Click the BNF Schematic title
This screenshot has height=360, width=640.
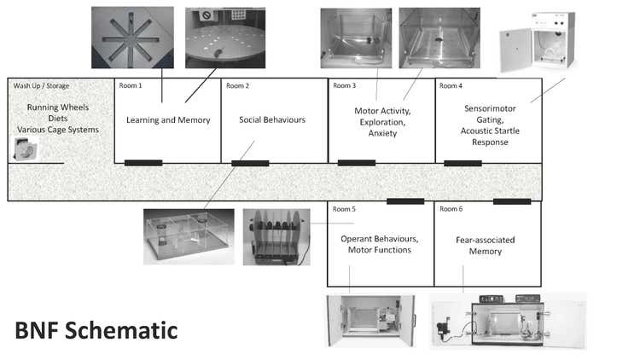pos(96,329)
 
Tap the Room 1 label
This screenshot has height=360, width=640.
pos(131,85)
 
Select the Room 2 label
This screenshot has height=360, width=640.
pos(237,85)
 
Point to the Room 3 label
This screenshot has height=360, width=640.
pos(344,85)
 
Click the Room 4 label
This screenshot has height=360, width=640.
pos(451,85)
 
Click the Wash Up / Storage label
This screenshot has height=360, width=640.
pos(41,85)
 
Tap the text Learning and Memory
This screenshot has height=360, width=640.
pos(168,120)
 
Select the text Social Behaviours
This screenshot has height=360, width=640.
pos(272,120)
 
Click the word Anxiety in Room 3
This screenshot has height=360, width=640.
pos(382,134)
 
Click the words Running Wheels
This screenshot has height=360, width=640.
pos(58,107)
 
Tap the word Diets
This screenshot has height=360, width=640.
pos(58,119)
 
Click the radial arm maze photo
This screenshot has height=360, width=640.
pos(125,38)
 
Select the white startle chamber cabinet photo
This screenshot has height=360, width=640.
pos(538,44)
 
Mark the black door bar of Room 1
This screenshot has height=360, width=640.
pos(143,163)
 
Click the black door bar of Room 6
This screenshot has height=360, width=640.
pos(512,202)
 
